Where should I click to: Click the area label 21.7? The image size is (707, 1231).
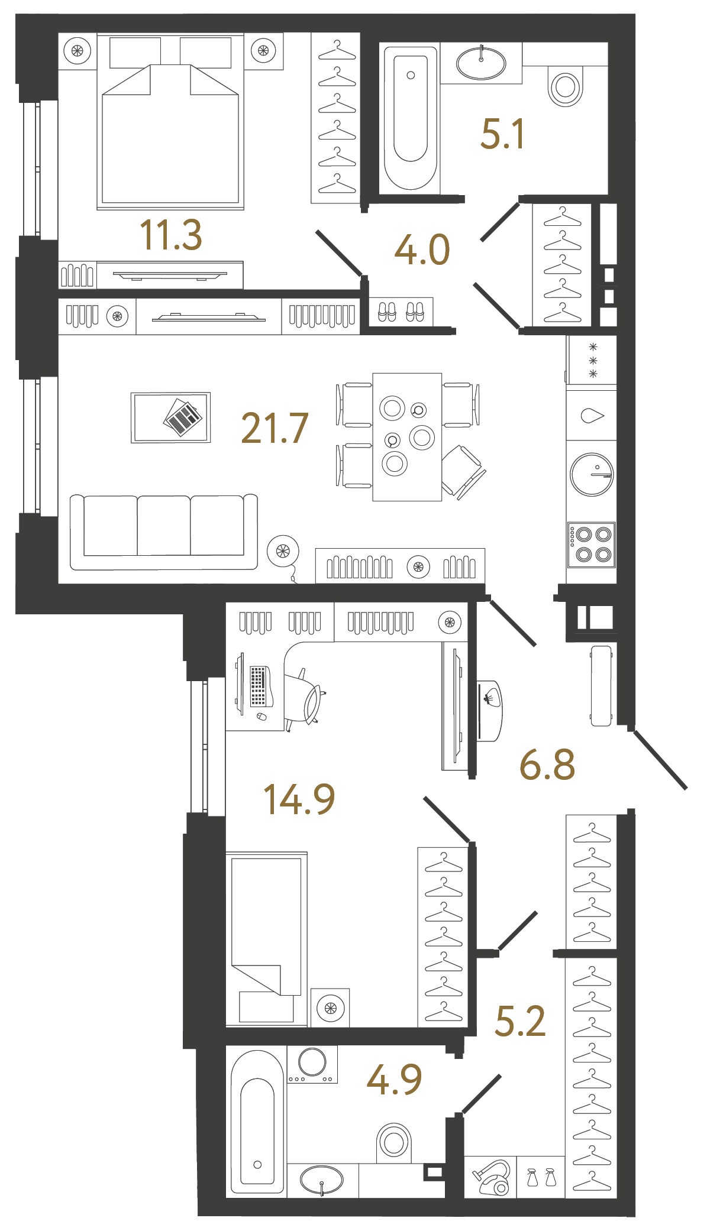click(x=275, y=428)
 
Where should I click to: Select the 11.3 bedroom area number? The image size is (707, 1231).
click(x=171, y=235)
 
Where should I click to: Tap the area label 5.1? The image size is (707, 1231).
click(x=502, y=134)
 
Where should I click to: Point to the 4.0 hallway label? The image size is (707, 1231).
click(x=422, y=250)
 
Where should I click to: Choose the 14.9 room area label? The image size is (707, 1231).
click(x=299, y=799)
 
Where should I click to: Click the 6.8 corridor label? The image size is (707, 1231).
click(x=547, y=764)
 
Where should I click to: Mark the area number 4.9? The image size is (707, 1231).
click(x=394, y=1079)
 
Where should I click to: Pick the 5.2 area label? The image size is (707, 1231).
click(x=520, y=1022)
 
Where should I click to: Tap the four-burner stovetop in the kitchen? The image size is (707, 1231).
click(x=592, y=545)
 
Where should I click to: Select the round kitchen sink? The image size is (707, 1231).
click(x=592, y=474)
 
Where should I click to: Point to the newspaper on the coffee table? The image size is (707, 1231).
click(x=183, y=417)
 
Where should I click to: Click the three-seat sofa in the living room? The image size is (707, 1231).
click(x=164, y=532)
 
